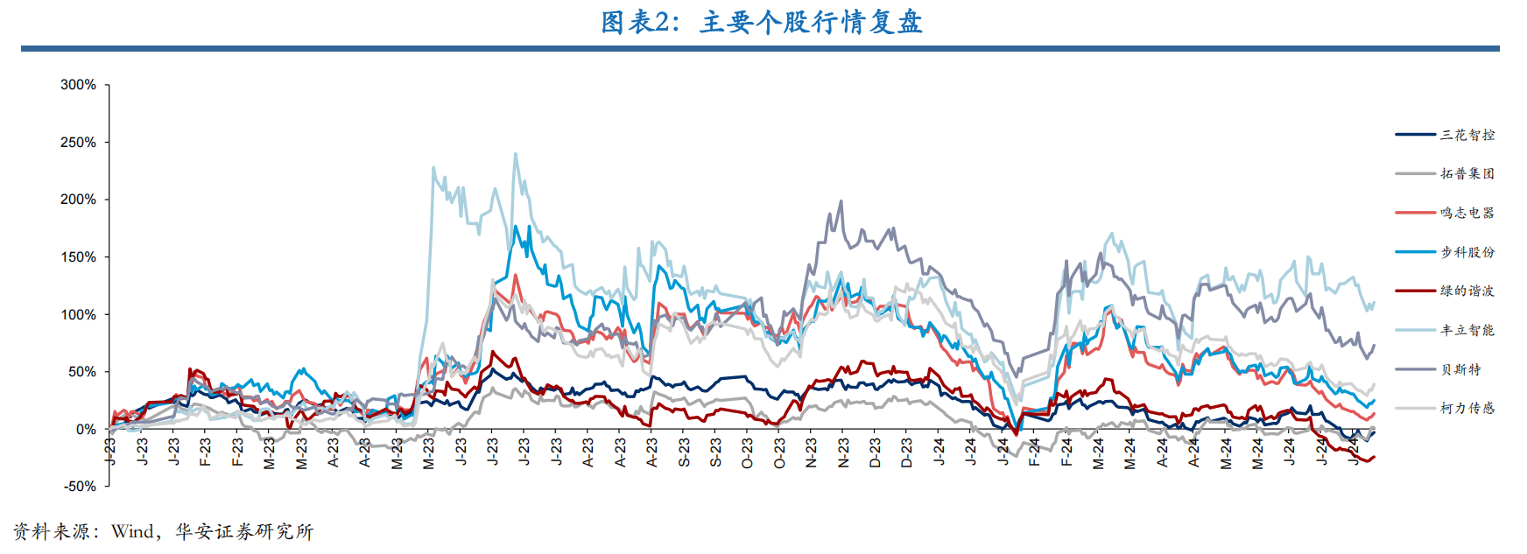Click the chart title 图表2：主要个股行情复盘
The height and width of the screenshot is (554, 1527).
click(x=762, y=22)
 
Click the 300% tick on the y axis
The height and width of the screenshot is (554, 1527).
click(x=78, y=85)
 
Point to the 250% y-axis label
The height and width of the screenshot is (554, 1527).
click(x=78, y=142)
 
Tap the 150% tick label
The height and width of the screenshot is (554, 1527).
click(x=78, y=257)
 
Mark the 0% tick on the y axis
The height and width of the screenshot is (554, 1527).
click(x=86, y=430)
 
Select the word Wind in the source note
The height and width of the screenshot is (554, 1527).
click(x=132, y=532)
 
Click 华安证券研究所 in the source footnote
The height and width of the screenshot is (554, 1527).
click(x=244, y=532)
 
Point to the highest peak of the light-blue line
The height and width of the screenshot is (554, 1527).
click(x=515, y=154)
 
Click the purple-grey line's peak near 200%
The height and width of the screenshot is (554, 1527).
click(x=841, y=201)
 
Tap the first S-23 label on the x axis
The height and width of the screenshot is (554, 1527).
click(x=684, y=452)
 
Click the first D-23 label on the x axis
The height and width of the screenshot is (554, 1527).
click(x=875, y=452)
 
